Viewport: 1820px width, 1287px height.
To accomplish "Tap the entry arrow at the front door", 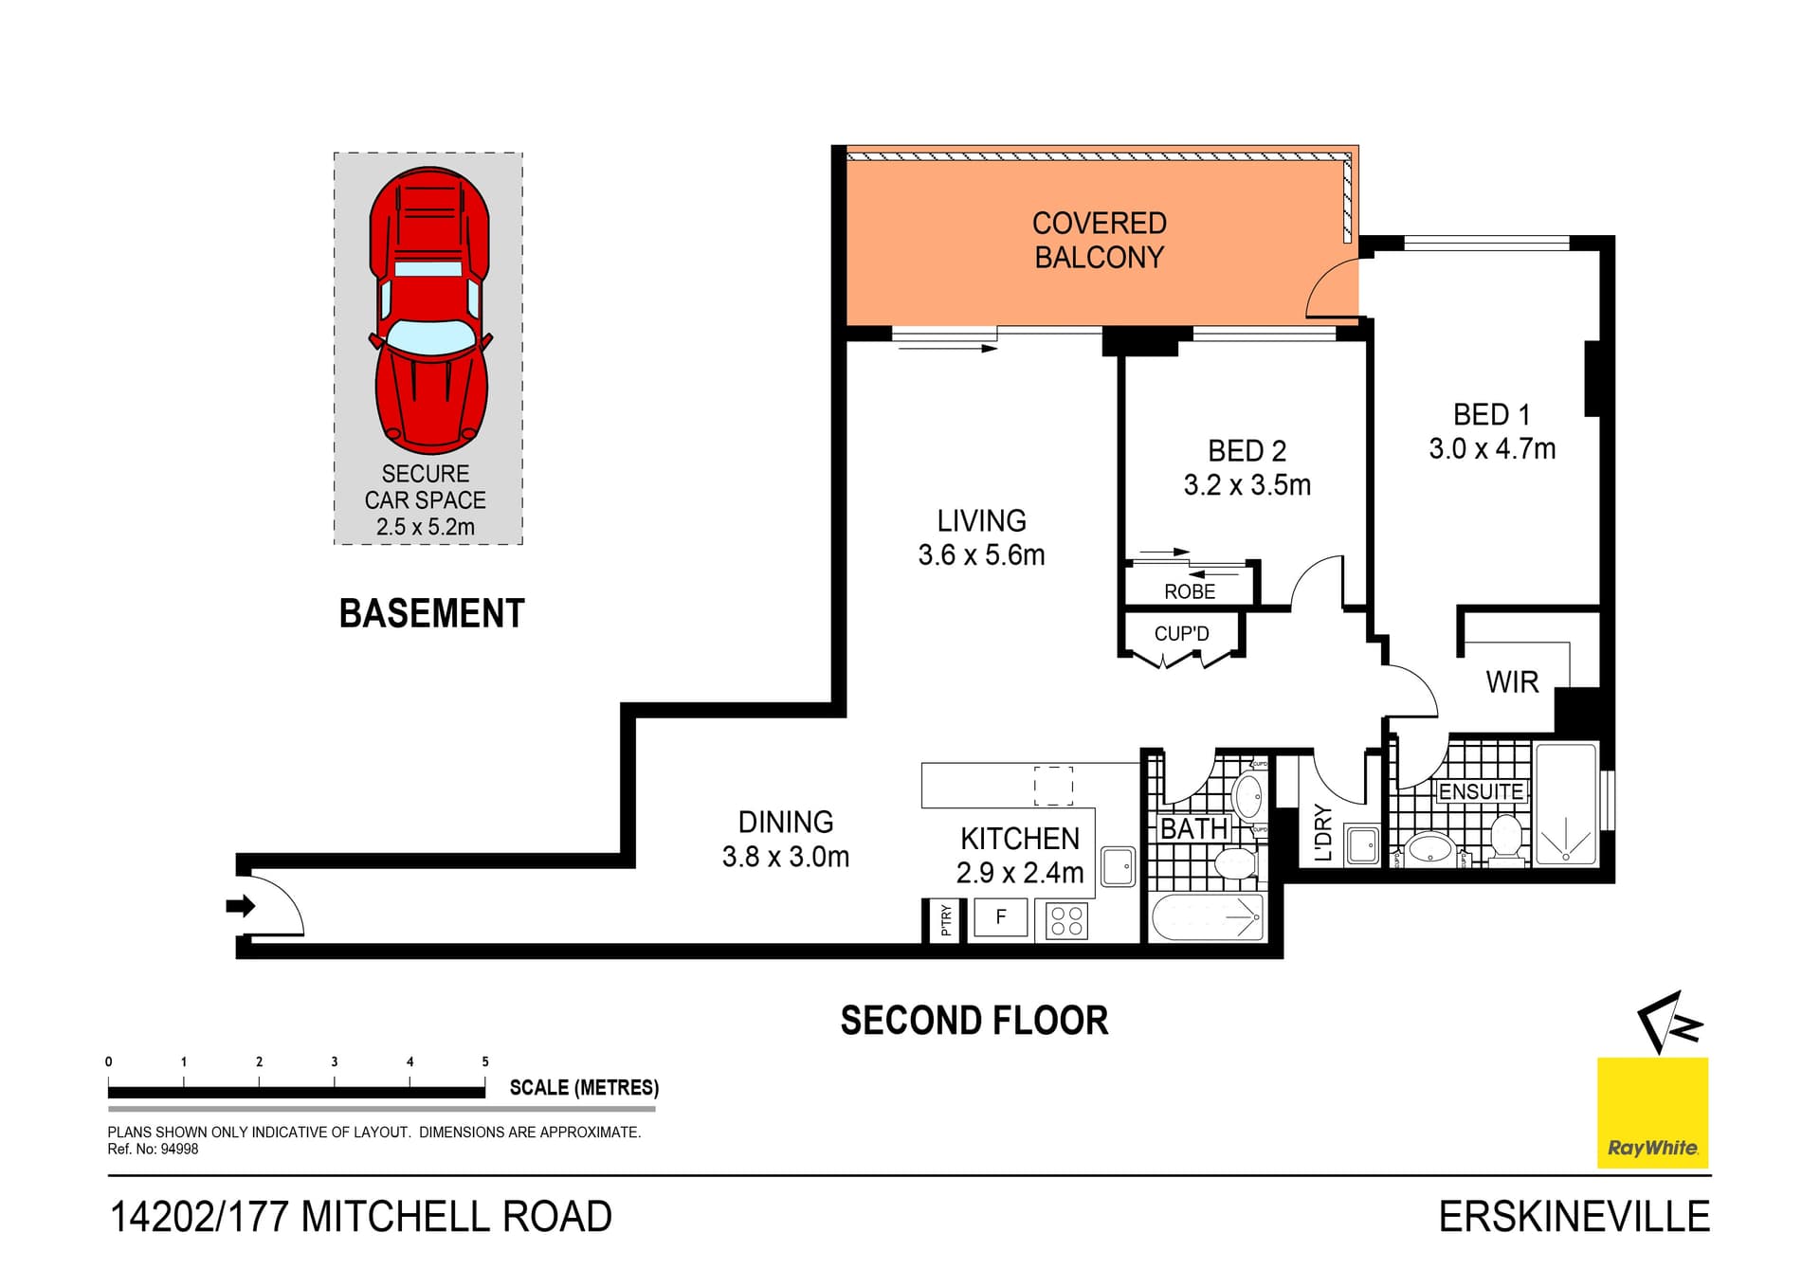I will point(241,906).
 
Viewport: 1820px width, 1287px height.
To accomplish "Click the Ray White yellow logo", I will point(1652,1113).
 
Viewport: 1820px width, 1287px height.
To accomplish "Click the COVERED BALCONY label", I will point(1099,241).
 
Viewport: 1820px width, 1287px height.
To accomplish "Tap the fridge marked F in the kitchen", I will point(1001,917).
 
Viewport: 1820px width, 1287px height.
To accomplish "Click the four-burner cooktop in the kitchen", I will point(1066,921).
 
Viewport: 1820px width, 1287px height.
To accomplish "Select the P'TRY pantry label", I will point(946,920).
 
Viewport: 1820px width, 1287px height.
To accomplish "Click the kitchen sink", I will point(1119,866).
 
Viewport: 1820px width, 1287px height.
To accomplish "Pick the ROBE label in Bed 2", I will point(1190,592).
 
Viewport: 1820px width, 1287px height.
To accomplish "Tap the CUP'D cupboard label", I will point(1181,634).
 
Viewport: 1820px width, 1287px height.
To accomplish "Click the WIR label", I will point(1512,682).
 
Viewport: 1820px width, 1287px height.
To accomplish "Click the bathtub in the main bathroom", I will point(1208,918).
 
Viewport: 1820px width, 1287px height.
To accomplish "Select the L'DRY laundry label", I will point(1324,833).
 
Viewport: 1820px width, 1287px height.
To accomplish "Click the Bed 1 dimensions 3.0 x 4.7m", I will point(1492,449).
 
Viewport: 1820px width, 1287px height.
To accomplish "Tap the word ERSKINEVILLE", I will point(1574,1218).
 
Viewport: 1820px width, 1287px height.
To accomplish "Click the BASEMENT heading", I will point(431,614).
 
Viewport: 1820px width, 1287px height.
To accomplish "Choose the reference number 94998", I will point(179,1150).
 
